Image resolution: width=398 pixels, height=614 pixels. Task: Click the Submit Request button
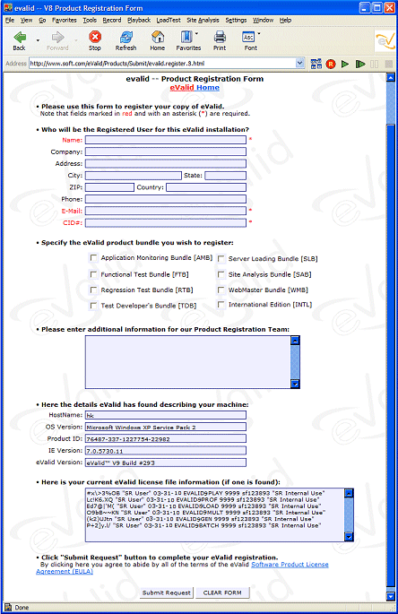click(167, 592)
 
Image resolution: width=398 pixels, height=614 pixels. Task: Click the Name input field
click(165, 140)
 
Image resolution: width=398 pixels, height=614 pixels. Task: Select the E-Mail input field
click(165, 211)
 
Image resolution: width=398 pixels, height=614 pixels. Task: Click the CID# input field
click(165, 222)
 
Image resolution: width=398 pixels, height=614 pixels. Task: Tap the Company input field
click(165, 151)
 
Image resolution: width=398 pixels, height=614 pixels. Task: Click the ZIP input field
click(109, 187)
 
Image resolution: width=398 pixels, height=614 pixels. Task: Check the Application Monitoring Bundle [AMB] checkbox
click(94, 258)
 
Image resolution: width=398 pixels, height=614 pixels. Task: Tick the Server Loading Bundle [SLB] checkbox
click(221, 258)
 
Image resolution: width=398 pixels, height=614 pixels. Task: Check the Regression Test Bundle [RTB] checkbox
click(94, 290)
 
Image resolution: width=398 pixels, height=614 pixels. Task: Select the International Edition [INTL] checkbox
click(221, 306)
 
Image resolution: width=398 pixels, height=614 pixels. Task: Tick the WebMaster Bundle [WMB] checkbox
click(221, 290)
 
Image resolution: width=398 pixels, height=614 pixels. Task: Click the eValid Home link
click(195, 88)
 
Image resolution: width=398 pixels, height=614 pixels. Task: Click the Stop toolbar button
click(95, 41)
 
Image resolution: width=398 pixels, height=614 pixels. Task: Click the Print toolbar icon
click(220, 41)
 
